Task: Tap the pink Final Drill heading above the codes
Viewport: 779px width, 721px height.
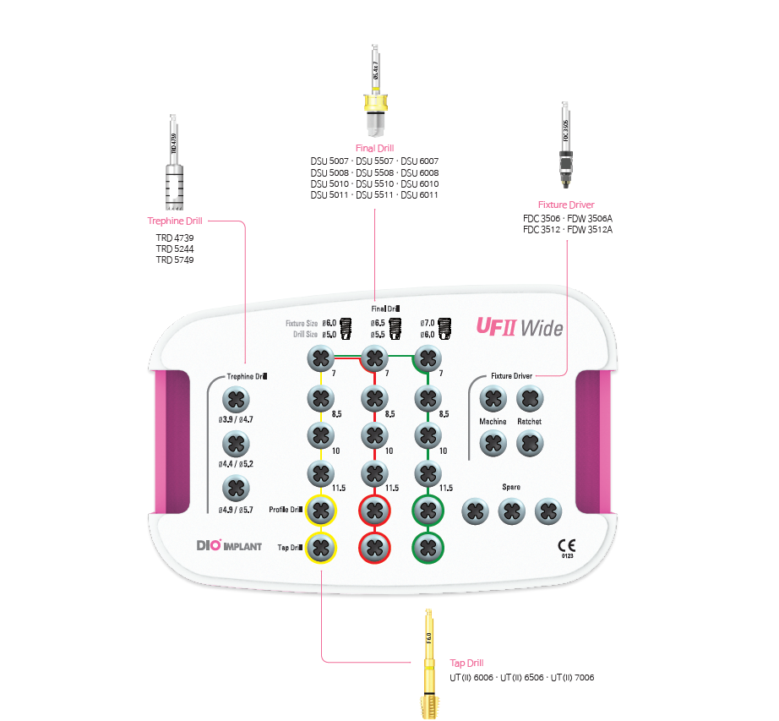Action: click(x=374, y=148)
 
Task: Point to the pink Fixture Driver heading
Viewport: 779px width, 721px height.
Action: click(x=565, y=205)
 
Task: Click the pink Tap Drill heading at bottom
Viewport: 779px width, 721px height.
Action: click(x=466, y=664)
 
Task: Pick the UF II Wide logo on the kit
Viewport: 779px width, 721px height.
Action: click(x=520, y=326)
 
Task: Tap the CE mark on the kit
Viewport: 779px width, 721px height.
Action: click(x=566, y=545)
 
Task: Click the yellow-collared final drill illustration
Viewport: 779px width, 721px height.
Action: click(x=373, y=93)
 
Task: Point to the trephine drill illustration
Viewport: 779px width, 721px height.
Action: click(x=173, y=165)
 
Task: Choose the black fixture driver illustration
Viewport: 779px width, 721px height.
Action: click(x=564, y=144)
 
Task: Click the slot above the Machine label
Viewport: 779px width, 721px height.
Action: click(x=492, y=398)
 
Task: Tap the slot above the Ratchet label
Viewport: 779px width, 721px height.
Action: click(x=529, y=398)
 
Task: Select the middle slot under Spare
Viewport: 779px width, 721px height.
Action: click(x=511, y=511)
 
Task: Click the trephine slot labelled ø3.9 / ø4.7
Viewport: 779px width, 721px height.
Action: click(x=237, y=400)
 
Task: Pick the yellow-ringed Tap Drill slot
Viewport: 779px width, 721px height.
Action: click(x=320, y=547)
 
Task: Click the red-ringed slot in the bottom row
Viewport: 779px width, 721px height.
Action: click(x=373, y=547)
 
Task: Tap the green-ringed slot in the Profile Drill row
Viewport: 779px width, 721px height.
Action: click(x=428, y=510)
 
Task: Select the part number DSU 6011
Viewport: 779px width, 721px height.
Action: click(x=419, y=195)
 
